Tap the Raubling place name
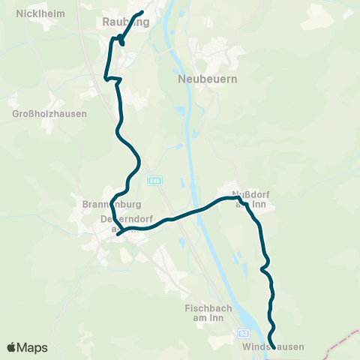(x=125, y=22)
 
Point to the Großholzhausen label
(x=49, y=114)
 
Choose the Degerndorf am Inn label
(x=121, y=224)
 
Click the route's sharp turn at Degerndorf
(x=118, y=234)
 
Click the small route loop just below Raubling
(x=121, y=39)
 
